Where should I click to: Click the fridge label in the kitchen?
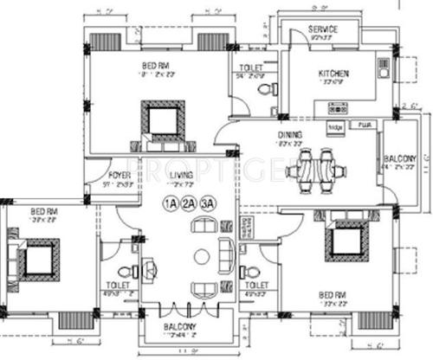pyautogui.click(x=335, y=126)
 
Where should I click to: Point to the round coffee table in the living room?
pyautogui.click(x=201, y=256)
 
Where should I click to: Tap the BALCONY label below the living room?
pyautogui.click(x=180, y=326)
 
